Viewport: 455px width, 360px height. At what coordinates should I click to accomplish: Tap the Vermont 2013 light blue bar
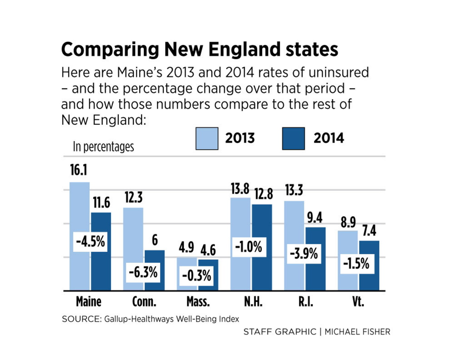tap(349, 246)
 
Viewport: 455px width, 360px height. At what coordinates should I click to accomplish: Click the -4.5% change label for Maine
tap(90, 241)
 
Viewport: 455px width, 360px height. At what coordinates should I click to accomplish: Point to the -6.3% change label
tap(144, 273)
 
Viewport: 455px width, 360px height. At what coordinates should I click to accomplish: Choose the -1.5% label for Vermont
tap(356, 264)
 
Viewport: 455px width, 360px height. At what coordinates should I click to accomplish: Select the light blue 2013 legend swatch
tap(207, 138)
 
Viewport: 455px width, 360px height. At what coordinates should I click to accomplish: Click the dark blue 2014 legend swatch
tap(294, 138)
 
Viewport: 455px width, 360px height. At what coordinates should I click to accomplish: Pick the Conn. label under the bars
tap(144, 302)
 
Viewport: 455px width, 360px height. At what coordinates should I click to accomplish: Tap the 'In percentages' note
tap(103, 147)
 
